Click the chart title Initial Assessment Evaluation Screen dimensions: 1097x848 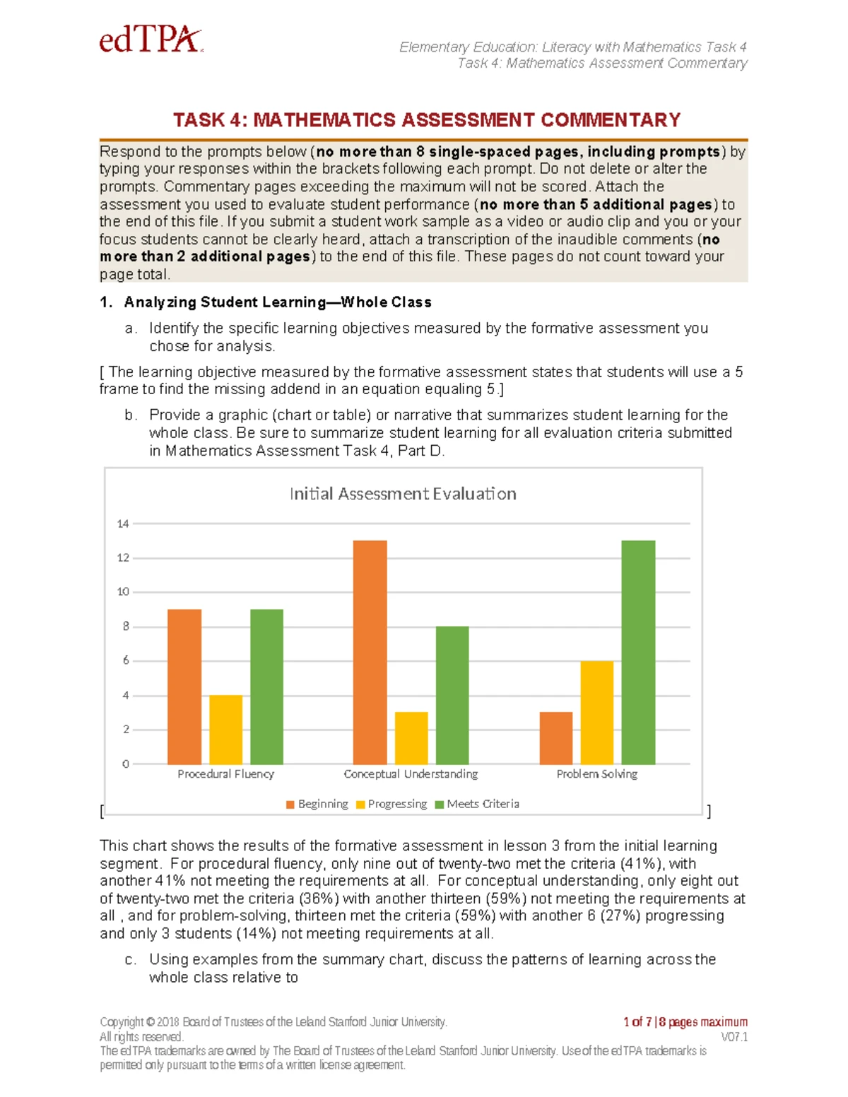click(403, 494)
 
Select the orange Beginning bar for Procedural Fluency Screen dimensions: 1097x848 click(184, 686)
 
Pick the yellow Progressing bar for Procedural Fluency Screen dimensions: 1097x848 click(226, 729)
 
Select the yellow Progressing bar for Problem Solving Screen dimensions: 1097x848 click(597, 712)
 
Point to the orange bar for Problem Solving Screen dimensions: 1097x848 click(556, 737)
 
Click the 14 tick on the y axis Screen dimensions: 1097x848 click(123, 523)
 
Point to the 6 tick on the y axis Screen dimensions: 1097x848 click(126, 660)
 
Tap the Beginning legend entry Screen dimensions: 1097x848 click(317, 804)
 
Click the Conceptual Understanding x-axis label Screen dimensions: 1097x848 click(411, 774)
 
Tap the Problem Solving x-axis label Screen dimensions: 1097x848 click(596, 774)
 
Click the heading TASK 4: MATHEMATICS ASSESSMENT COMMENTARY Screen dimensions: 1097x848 click(427, 120)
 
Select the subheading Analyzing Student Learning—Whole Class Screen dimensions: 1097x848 click(277, 302)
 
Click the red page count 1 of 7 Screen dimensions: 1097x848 click(637, 1021)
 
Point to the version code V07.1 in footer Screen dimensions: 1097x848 click(734, 1037)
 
